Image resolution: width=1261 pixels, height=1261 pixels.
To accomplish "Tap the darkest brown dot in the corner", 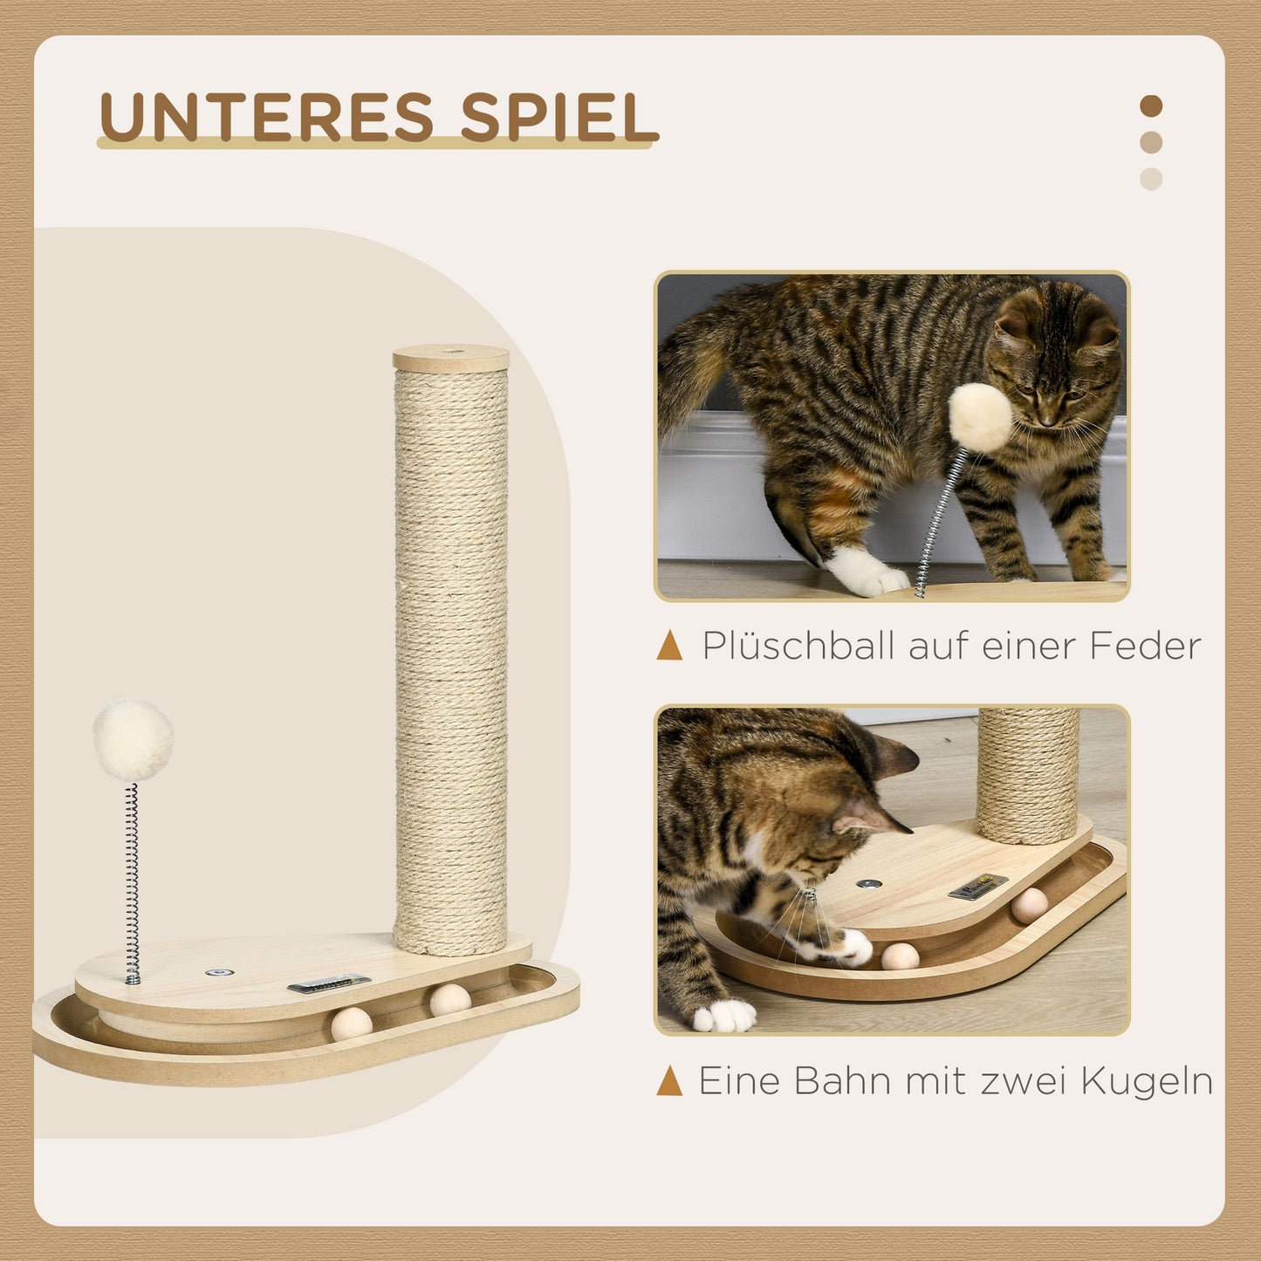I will [1151, 106].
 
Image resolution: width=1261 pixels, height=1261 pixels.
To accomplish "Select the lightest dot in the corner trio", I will [1151, 179].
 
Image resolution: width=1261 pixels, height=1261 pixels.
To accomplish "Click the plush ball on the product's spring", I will [133, 740].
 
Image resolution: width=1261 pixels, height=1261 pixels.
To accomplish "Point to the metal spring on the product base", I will [133, 881].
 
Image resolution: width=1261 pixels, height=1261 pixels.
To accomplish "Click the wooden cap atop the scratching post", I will [450, 358].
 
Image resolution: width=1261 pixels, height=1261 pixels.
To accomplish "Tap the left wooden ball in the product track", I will [351, 1024].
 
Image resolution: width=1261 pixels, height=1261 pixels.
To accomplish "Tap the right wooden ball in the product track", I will [450, 999].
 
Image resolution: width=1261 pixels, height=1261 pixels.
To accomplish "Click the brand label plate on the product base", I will [329, 983].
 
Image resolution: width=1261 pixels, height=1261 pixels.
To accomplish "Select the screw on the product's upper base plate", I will [213, 972].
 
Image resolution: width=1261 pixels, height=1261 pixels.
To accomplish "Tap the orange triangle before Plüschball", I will [670, 647].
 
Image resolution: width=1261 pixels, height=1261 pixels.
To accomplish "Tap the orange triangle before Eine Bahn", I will [670, 1080].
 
